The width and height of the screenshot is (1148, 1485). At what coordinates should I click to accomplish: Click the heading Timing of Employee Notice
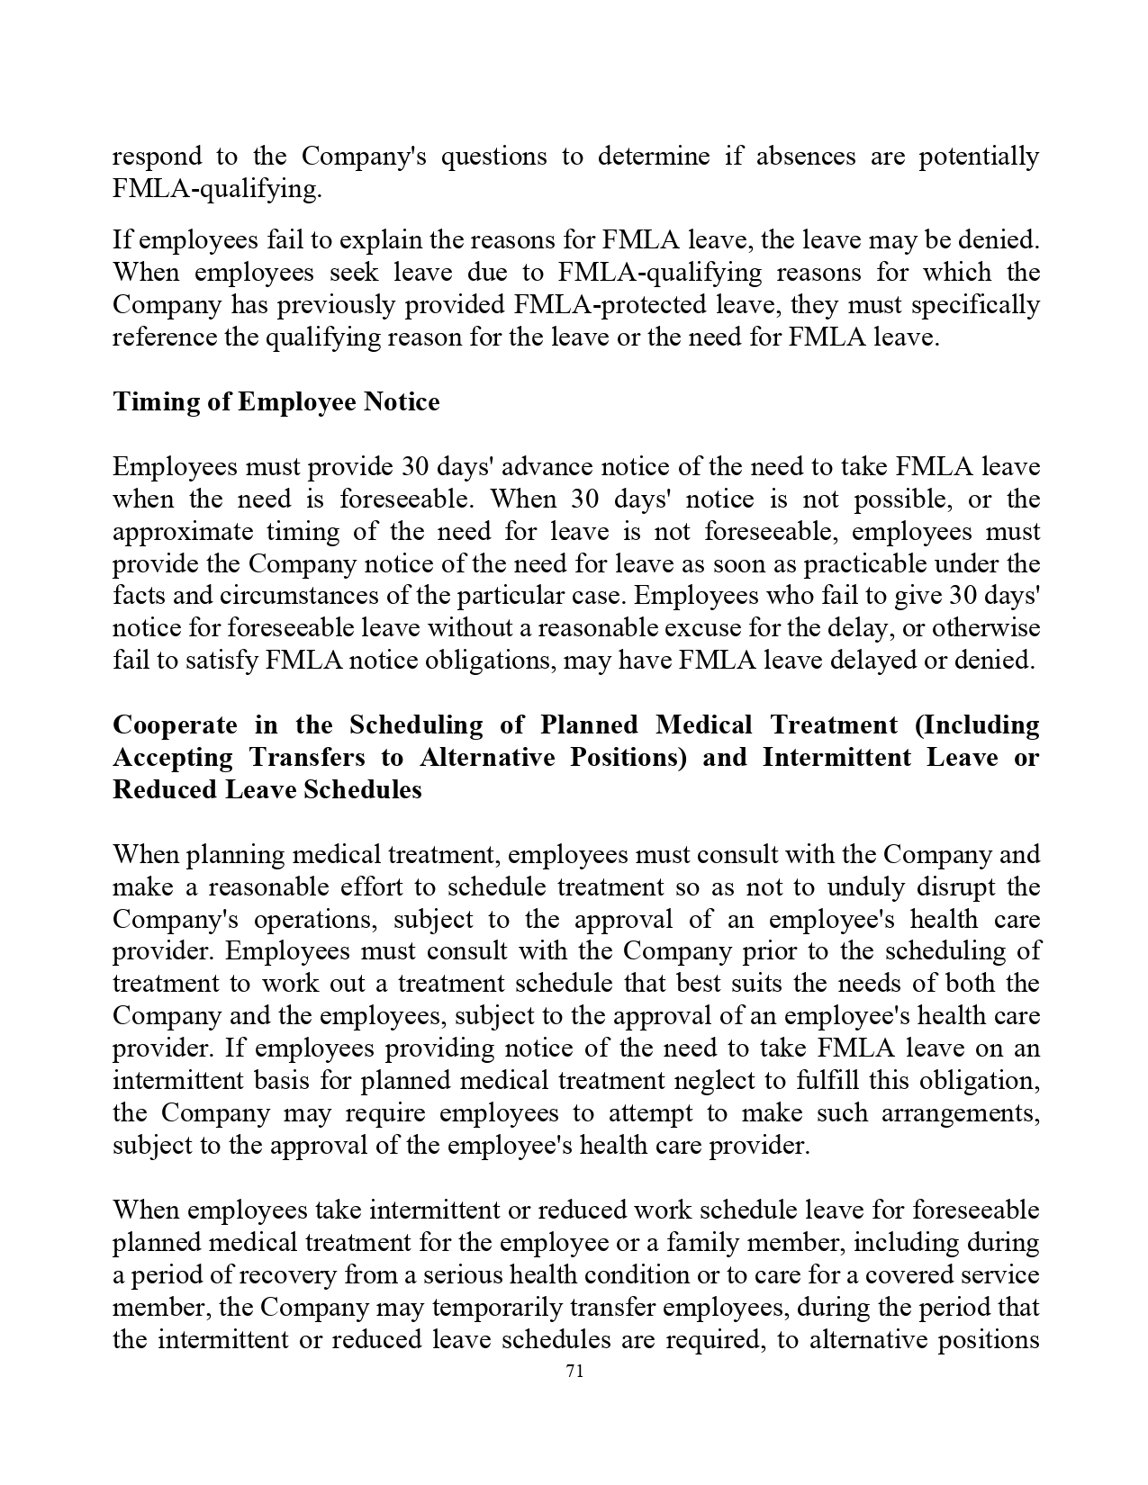[x=276, y=401]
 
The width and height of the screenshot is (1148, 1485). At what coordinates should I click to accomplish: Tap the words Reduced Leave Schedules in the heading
[x=267, y=789]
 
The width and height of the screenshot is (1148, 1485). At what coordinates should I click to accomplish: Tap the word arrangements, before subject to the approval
[x=960, y=1112]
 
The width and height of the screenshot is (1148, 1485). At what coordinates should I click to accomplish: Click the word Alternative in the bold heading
[x=487, y=757]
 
